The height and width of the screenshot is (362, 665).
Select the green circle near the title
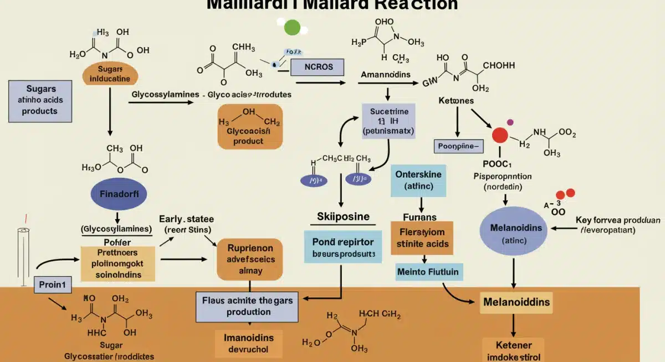click(292, 27)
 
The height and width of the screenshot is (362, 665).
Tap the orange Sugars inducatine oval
click(110, 74)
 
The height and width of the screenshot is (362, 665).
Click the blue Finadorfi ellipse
click(118, 194)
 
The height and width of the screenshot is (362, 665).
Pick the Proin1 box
click(53, 285)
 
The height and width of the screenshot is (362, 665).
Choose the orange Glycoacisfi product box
click(250, 127)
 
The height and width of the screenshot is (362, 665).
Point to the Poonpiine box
click(458, 146)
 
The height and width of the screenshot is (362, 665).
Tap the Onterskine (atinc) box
click(418, 180)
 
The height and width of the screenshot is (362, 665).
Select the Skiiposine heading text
click(343, 216)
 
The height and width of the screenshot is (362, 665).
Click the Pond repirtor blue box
click(342, 247)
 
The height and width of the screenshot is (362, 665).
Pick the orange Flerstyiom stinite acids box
click(422, 237)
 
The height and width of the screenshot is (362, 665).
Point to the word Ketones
click(456, 102)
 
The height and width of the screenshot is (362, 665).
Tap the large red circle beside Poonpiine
click(500, 136)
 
